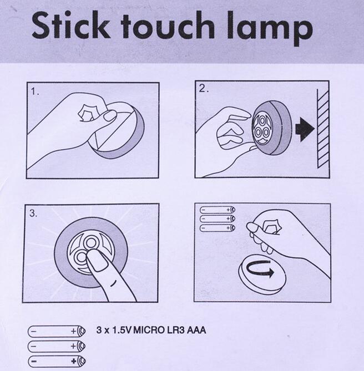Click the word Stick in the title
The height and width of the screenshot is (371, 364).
point(71,26)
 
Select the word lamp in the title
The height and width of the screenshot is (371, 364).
point(270,28)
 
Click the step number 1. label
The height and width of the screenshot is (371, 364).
point(35,92)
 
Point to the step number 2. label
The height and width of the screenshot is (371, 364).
point(204,89)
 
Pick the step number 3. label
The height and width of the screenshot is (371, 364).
point(33,214)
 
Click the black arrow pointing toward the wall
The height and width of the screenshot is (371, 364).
point(305,129)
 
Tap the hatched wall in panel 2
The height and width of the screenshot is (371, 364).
point(323,129)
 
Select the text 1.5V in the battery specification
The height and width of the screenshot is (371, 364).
point(122,330)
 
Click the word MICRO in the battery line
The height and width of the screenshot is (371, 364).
point(149,330)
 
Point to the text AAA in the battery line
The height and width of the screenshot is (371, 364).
point(196,330)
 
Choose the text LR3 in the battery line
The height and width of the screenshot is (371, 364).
point(175,330)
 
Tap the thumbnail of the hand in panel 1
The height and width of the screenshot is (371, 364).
point(110,116)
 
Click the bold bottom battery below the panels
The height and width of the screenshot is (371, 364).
point(57,362)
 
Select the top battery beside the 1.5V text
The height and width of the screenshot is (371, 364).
point(57,331)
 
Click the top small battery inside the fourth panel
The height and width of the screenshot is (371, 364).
point(218,210)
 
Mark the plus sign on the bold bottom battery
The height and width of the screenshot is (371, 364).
point(74,362)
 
